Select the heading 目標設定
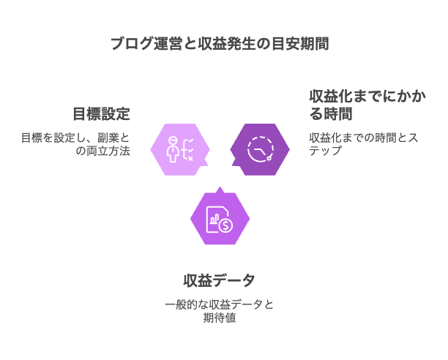[x=101, y=114]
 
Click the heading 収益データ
[x=220, y=280]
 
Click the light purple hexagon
[x=180, y=150]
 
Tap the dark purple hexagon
[x=260, y=150]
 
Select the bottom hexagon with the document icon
[x=220, y=218]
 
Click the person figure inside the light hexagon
[x=173, y=149]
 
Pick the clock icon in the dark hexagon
[x=259, y=149]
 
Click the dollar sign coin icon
[x=226, y=225]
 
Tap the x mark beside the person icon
[x=190, y=157]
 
